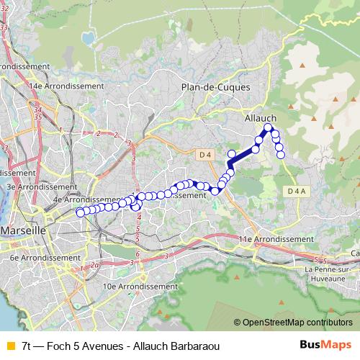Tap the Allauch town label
[x=260, y=117]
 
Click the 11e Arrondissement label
[x=276, y=238]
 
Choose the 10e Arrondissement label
[x=140, y=286]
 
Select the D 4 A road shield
[x=295, y=192]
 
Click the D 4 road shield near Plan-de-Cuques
[x=205, y=154]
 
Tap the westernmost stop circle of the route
[x=80, y=212]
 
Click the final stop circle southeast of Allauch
[x=281, y=153]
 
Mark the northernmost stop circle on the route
[x=268, y=127]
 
